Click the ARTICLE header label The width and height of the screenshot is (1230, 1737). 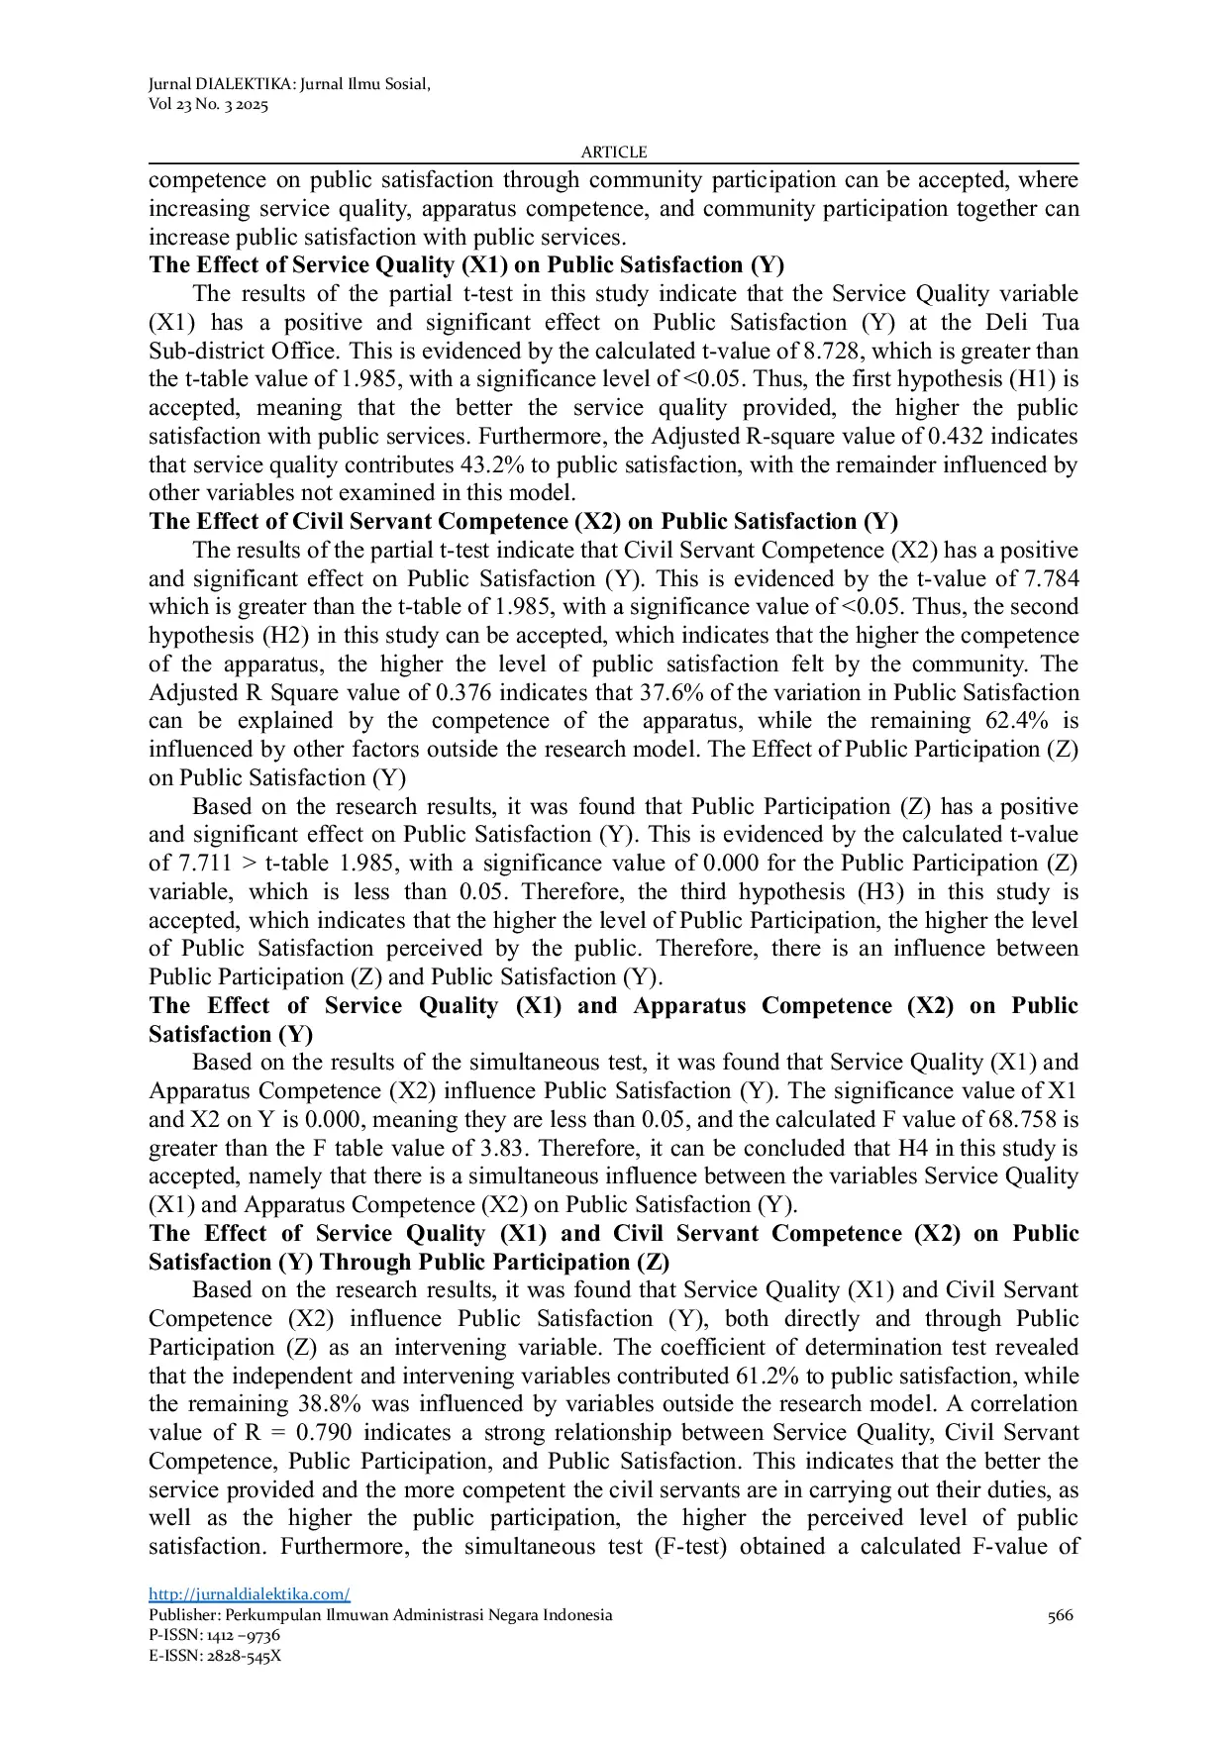coord(614,152)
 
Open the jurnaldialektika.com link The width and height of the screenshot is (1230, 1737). coord(250,1594)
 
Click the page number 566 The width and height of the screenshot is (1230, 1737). coord(1060,1615)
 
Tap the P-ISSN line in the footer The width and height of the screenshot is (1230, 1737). coord(214,1635)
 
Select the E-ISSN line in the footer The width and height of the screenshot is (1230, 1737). coord(215,1656)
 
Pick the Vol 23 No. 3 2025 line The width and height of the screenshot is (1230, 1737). coord(208,105)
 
